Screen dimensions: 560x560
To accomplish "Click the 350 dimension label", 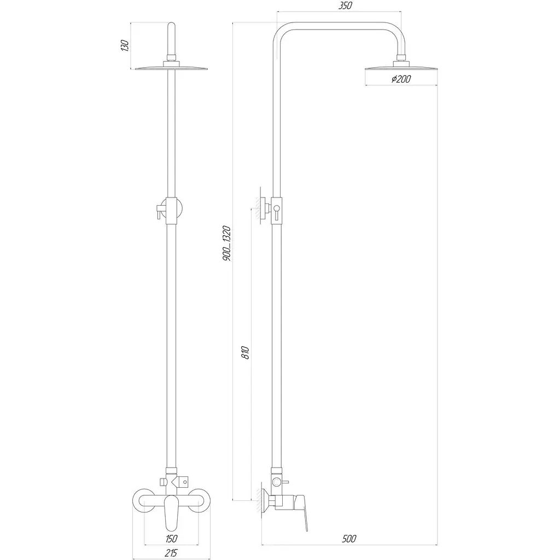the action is click(345, 5).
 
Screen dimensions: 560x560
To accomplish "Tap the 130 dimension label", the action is click(125, 46).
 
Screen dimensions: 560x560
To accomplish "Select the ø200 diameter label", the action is click(401, 79).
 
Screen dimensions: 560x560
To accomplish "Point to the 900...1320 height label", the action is click(226, 243).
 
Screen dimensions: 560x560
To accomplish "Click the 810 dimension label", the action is click(245, 352).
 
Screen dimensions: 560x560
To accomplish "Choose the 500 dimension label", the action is click(349, 538).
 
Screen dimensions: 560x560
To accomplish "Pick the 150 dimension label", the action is click(171, 538).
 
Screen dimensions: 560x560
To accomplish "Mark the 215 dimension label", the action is click(171, 553).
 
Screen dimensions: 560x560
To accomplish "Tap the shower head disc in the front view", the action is click(171, 67).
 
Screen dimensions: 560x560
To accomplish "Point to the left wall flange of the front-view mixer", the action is click(144, 501).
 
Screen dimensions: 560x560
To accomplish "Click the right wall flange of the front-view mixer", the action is click(199, 501).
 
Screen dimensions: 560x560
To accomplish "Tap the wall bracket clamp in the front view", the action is click(171, 211).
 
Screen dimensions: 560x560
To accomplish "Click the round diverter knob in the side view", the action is click(276, 482).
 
